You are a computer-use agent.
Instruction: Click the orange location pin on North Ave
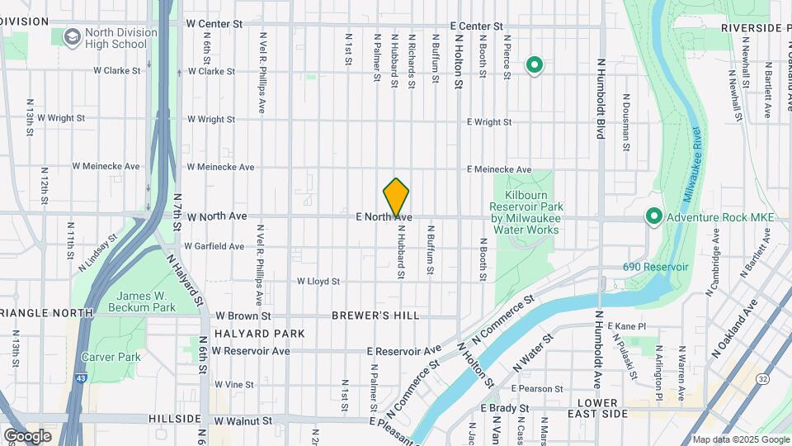click(x=396, y=197)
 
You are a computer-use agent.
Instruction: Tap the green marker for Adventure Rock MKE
click(x=653, y=216)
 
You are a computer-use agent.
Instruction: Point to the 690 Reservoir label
click(x=656, y=268)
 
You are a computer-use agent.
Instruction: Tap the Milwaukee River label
click(x=693, y=165)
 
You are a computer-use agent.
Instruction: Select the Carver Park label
click(x=111, y=357)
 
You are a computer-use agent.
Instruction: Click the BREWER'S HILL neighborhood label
click(x=375, y=316)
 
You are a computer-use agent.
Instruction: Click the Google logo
click(x=27, y=435)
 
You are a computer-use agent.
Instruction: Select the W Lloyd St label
click(x=318, y=282)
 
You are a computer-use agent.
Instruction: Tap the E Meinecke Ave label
click(x=499, y=169)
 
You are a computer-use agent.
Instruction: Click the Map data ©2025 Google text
click(x=740, y=439)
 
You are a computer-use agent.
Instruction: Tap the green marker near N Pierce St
click(x=534, y=64)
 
